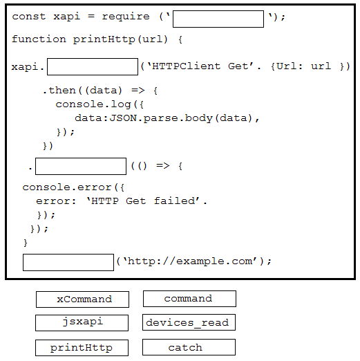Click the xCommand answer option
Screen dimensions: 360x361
82,299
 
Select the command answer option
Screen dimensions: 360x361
189,299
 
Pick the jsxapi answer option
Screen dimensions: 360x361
82,323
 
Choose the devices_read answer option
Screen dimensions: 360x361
189,322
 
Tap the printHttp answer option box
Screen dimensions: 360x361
82,348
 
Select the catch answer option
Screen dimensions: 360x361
189,347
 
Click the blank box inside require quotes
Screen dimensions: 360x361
218,19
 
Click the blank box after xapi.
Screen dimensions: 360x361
93,66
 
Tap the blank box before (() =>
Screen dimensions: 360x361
81,166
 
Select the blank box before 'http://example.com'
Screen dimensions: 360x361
68,262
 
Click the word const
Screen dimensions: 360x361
29,17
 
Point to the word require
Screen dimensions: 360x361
126,17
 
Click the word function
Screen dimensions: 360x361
39,39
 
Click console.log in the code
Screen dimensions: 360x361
93,104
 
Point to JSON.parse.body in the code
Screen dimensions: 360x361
161,118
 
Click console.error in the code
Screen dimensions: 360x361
67,187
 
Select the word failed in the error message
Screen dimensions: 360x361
175,201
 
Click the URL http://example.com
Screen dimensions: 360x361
190,261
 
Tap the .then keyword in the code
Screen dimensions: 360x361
59,90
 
